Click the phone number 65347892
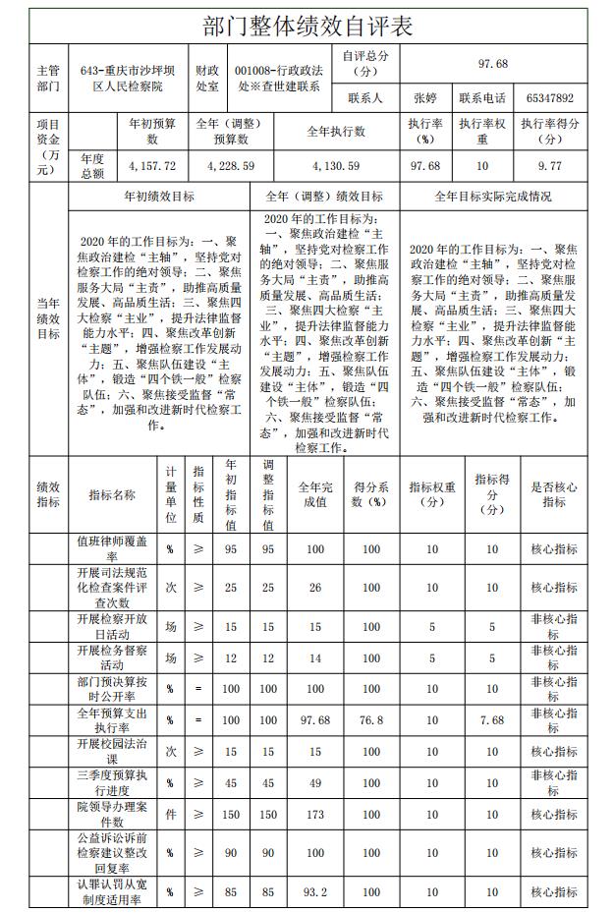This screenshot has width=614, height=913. point(549,98)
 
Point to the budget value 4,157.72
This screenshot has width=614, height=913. point(151,166)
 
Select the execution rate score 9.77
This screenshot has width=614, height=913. point(549,166)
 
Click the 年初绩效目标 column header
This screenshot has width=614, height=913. point(158,197)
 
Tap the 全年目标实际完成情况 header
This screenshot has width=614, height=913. point(499,197)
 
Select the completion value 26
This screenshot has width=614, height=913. point(314,587)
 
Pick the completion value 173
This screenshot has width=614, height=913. point(314,815)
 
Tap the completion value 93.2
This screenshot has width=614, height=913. point(314,892)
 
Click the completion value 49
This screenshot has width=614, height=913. point(314,783)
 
